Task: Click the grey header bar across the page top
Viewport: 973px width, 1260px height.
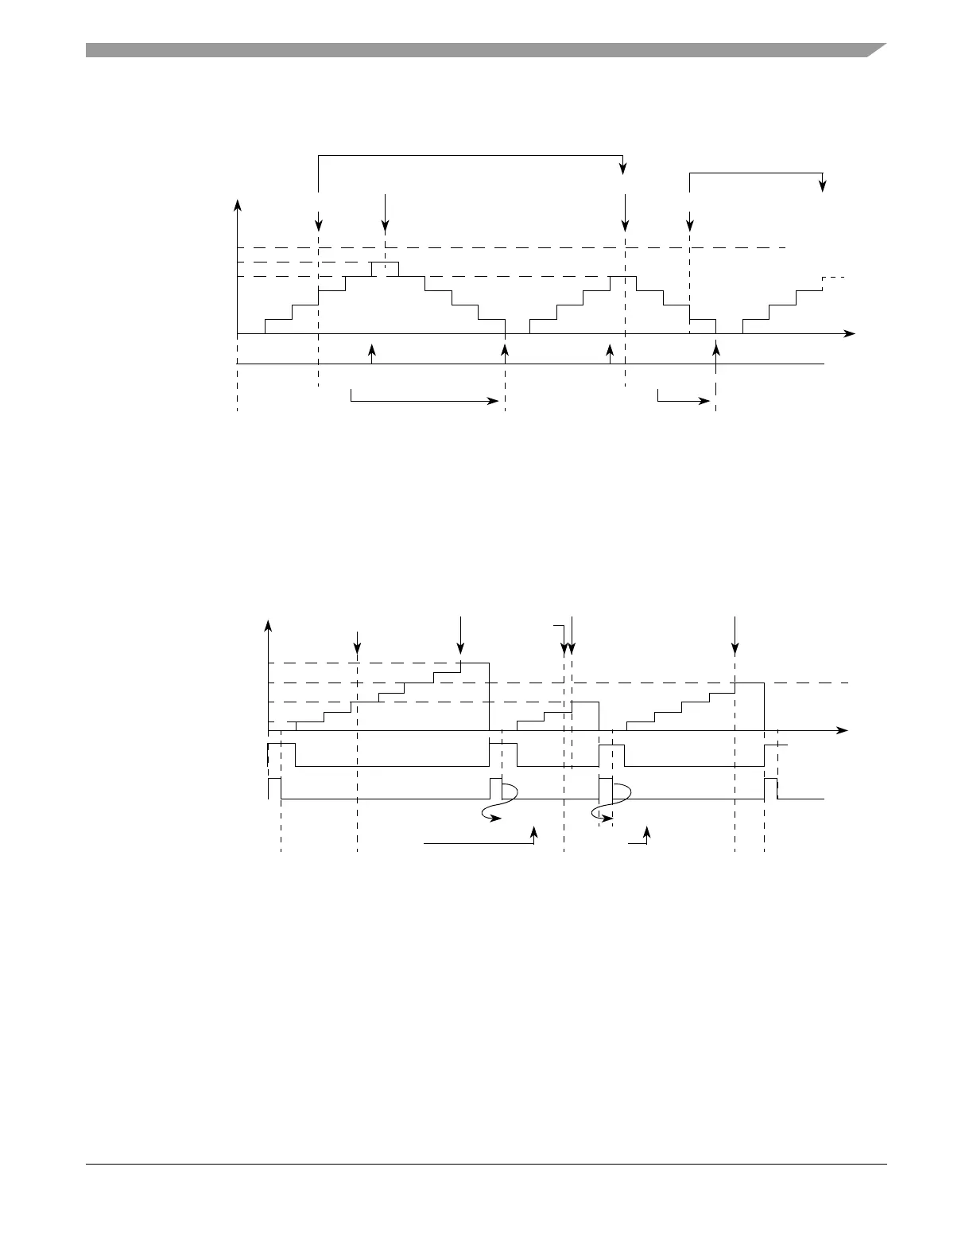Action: (477, 50)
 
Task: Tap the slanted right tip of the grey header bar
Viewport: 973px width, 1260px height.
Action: (875, 49)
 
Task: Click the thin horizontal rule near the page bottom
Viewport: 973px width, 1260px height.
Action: (486, 1165)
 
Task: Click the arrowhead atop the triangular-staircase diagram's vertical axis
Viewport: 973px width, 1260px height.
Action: (237, 204)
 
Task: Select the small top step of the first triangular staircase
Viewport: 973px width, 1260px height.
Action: (385, 262)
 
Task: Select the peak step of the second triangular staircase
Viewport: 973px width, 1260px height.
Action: (623, 276)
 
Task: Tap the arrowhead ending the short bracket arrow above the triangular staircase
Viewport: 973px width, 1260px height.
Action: (823, 186)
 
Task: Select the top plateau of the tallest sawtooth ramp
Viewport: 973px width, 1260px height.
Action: (475, 662)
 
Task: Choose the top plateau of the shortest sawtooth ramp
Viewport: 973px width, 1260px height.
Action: (585, 702)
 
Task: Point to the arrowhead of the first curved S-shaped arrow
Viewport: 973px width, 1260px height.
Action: (497, 818)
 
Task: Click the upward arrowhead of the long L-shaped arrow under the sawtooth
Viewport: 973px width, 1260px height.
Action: (534, 830)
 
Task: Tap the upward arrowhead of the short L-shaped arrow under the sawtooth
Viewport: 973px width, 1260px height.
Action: (647, 831)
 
